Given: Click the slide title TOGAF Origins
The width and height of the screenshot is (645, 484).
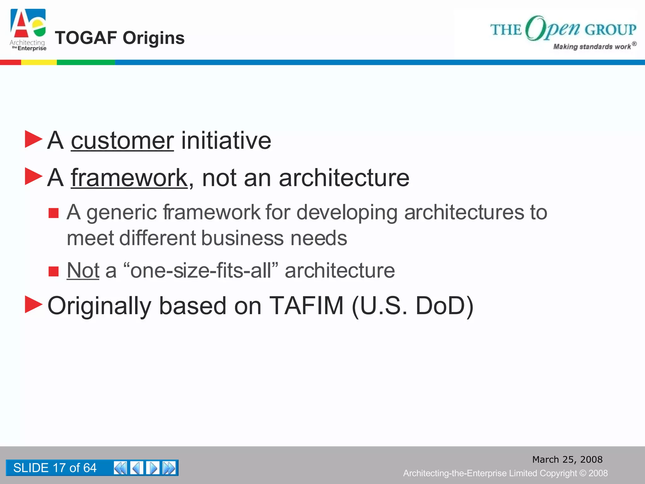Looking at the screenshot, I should point(120,38).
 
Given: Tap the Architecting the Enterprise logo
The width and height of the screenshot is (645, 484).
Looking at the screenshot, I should point(28,30).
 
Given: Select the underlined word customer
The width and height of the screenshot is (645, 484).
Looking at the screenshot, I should point(122,141).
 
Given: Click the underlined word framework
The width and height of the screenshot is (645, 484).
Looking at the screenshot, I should point(129,178).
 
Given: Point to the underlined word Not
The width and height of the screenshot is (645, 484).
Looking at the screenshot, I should point(83,270).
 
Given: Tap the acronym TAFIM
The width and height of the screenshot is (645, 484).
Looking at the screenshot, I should point(306,306).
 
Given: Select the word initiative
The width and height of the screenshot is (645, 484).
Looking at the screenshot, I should point(226,141).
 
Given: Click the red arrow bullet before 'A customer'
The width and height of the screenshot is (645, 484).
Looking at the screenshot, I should point(33,139).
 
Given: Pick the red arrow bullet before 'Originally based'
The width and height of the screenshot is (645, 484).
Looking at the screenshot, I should point(33,304).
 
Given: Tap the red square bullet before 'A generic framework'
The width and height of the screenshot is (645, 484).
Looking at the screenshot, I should point(54,213).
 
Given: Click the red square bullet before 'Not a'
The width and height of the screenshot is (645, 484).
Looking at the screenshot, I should point(54,271).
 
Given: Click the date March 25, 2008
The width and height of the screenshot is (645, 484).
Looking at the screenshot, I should point(567,459).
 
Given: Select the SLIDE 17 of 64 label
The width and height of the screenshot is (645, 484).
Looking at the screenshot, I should point(55,468).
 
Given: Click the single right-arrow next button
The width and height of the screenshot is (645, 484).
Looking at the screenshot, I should point(153,468).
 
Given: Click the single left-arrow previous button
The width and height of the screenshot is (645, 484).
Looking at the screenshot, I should point(137,468).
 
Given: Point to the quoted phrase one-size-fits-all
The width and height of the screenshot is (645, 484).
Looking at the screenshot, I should point(201,270).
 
